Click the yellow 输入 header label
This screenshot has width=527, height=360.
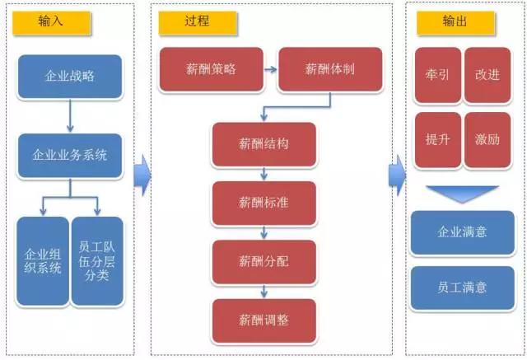tap(52, 23)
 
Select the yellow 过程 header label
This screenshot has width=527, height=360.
tap(198, 23)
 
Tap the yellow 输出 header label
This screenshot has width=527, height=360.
tap(455, 23)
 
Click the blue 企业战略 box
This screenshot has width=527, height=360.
tap(70, 77)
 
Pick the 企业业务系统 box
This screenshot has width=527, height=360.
tap(70, 156)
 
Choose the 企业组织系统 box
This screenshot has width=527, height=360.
tap(43, 261)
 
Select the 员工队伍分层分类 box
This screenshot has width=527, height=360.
tap(97, 261)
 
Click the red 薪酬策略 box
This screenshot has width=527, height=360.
tap(211, 69)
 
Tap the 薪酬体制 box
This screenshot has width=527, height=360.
tap(330, 69)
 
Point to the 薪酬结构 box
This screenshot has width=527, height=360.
tap(263, 144)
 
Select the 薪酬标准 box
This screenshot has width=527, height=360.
tap(263, 203)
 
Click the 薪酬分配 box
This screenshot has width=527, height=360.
tap(263, 262)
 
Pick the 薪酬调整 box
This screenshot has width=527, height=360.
tap(263, 321)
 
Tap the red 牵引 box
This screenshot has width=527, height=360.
tap(438, 75)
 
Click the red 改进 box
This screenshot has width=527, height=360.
tap(487, 75)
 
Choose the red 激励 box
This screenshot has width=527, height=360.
tap(487, 140)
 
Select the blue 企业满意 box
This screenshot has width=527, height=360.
tap(463, 232)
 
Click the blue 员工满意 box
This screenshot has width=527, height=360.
tap(463, 288)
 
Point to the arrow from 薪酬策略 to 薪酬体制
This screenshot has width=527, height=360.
tap(271, 69)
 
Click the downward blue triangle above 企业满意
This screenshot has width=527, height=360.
tap(463, 194)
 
